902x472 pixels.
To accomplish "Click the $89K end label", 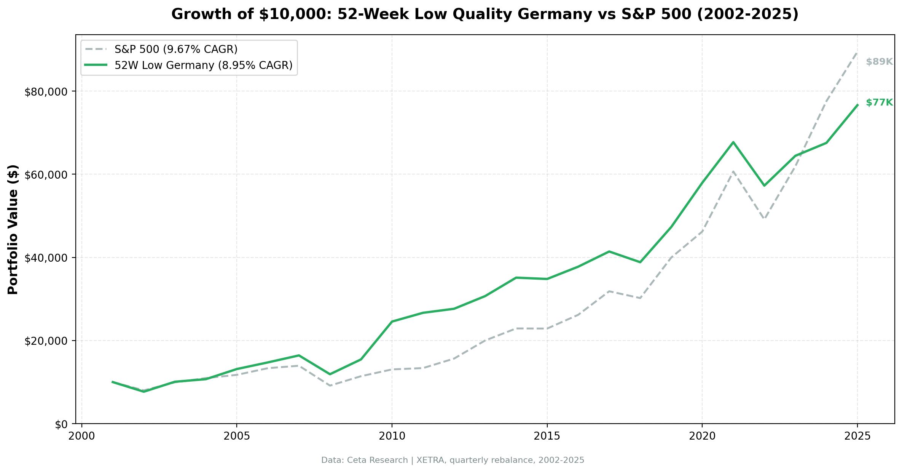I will [879, 62].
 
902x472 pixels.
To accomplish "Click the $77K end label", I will [879, 102].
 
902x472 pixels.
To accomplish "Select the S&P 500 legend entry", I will [176, 50].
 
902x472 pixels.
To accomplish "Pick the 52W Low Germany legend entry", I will [203, 66].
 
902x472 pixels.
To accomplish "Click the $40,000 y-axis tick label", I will [46, 258].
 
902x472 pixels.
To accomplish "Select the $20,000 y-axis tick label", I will [46, 341].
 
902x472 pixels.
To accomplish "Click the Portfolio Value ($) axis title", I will [13, 229].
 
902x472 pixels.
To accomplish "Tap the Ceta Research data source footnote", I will [453, 460].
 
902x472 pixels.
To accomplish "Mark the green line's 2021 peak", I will [733, 142].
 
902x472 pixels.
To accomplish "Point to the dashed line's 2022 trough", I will [764, 219].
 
